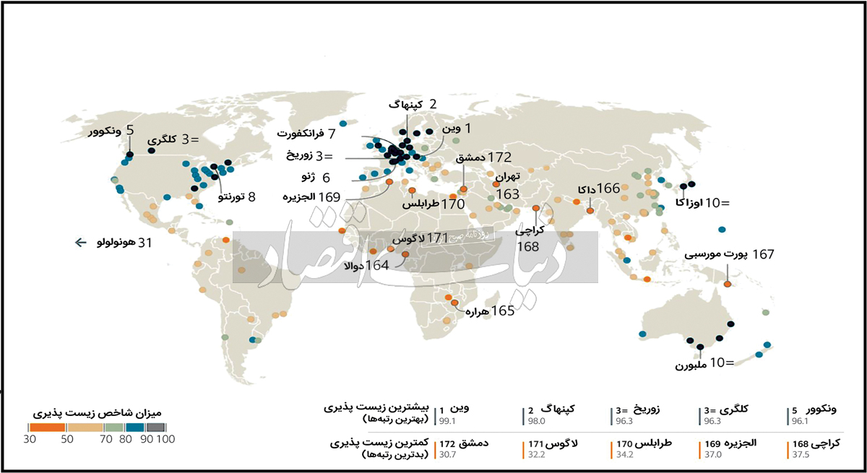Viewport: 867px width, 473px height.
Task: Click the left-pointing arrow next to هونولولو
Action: tap(80, 243)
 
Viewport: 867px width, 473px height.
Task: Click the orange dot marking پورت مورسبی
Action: tap(728, 284)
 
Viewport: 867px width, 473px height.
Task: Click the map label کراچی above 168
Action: tap(530, 232)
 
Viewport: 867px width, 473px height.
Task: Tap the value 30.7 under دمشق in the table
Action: tap(447, 455)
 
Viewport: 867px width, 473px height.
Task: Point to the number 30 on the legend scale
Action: tap(30, 438)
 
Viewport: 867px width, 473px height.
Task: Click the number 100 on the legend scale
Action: tap(165, 438)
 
